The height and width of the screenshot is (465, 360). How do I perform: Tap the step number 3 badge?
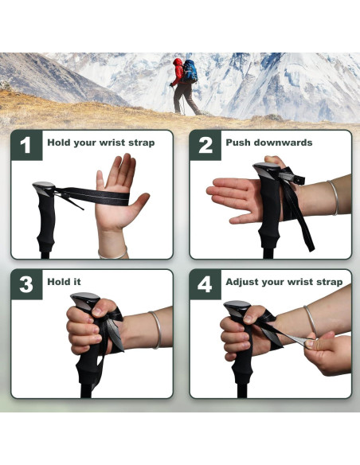coord(26,284)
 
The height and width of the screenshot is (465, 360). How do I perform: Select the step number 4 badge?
coord(205,284)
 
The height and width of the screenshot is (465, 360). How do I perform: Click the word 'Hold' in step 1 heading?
coord(59,143)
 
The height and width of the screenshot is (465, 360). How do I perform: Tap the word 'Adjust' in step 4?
coord(244,282)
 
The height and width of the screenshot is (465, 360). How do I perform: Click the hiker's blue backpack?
coord(190,72)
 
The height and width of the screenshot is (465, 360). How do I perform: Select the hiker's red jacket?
coord(178,72)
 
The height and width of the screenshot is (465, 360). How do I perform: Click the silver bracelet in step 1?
coord(112,254)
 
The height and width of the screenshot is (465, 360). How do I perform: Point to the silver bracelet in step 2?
coord(333,197)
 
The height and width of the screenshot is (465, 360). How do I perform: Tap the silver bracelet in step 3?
coord(155,329)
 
